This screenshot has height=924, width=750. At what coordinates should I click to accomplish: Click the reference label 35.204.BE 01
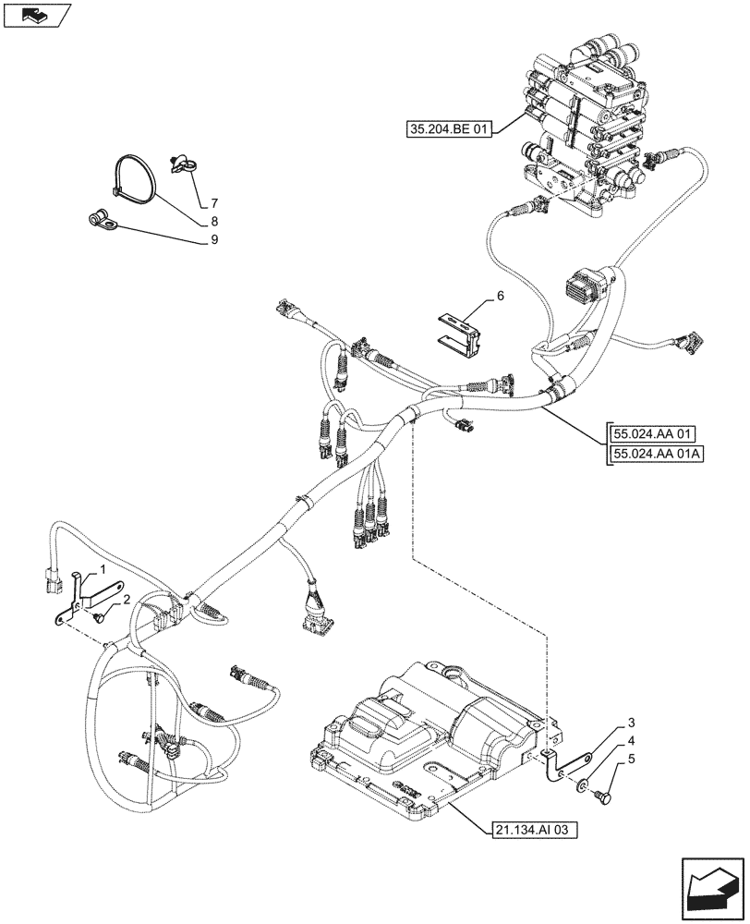[x=450, y=128]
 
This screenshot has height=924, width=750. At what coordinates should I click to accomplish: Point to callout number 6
[x=500, y=296]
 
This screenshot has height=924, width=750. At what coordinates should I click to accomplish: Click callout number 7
[x=213, y=202]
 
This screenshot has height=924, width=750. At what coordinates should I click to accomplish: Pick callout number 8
[x=213, y=222]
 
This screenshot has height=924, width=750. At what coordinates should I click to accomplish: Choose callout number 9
[x=213, y=240]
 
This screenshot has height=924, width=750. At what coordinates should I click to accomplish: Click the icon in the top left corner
[x=37, y=15]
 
